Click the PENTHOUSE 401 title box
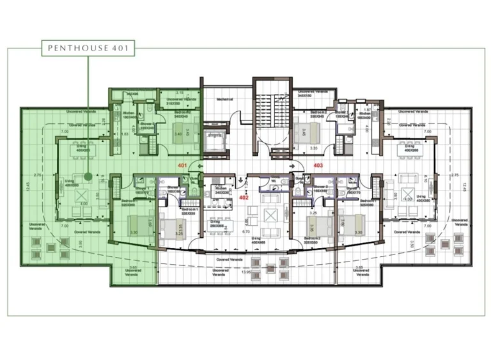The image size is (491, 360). (x=88, y=47)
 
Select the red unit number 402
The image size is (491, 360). (x=244, y=198)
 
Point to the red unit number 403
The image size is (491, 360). (x=318, y=165)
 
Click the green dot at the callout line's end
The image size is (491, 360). (x=88, y=175)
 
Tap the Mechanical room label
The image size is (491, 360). (x=224, y=100)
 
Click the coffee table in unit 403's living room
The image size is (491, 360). (x=409, y=197)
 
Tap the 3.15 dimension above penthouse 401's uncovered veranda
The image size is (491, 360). (x=180, y=93)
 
